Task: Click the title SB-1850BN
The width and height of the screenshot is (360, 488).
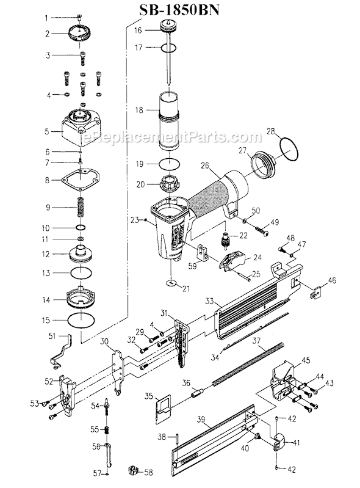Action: (179, 10)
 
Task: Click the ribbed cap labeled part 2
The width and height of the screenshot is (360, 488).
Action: (79, 34)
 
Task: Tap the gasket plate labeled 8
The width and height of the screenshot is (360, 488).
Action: (80, 180)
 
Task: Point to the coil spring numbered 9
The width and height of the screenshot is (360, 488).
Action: (81, 208)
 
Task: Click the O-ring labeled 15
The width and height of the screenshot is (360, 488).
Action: (81, 320)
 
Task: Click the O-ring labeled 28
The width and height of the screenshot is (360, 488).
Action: (289, 150)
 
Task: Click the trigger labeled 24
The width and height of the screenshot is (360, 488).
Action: (233, 260)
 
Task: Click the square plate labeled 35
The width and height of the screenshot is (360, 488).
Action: (163, 409)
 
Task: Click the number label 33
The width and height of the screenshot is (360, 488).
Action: (209, 302)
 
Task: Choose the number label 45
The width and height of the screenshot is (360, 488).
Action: (306, 360)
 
